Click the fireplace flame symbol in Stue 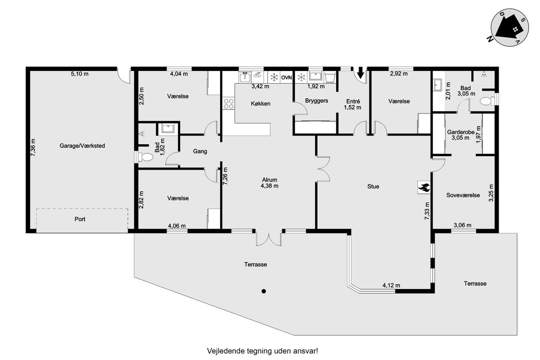tap(424, 187)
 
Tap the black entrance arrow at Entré tap(360, 73)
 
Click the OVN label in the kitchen tap(286, 78)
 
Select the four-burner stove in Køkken tap(229, 104)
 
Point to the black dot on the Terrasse tap(264, 291)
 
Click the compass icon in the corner tap(510, 27)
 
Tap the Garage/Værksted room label tap(82, 146)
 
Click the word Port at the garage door tap(80, 219)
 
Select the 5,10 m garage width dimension tap(80, 74)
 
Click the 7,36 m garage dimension tap(33, 147)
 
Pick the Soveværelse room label tap(463, 195)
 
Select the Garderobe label tap(461, 132)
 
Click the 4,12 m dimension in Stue tap(391, 285)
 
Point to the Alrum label tap(270, 180)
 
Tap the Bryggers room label tap(316, 100)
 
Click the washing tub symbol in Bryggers tap(330, 77)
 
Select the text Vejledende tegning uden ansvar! tap(262, 351)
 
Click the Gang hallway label tap(200, 151)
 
